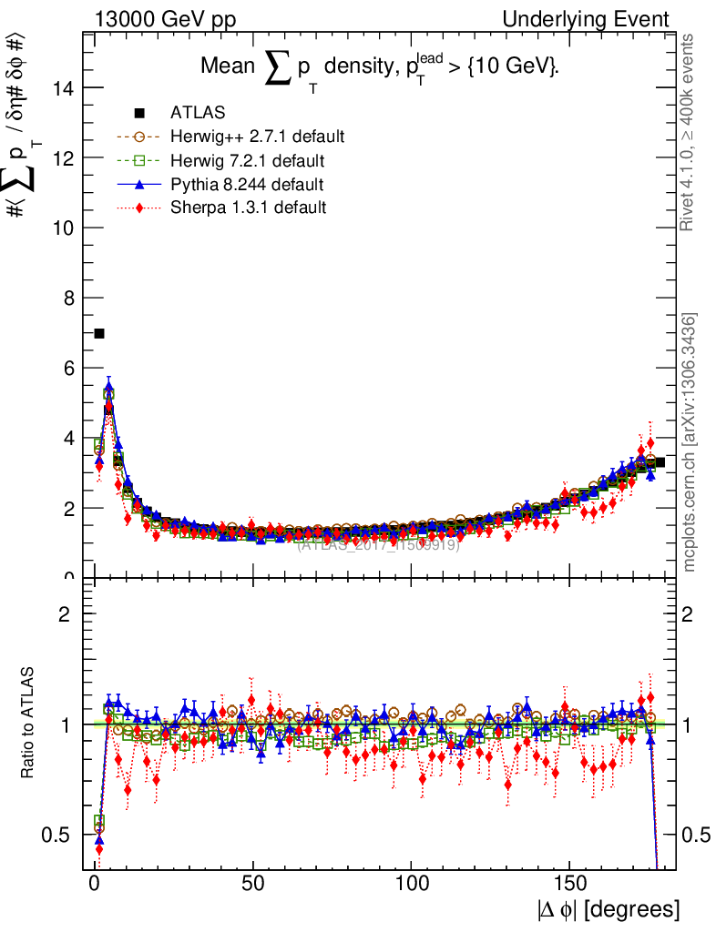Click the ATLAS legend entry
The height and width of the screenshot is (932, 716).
point(197,113)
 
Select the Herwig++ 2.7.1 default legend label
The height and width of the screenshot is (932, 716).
point(257,137)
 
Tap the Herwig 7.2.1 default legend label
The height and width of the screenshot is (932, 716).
point(248,161)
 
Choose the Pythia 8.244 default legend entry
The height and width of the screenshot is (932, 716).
point(247,185)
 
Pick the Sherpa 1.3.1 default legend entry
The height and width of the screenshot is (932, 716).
point(248,208)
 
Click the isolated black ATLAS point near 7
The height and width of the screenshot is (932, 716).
point(99,333)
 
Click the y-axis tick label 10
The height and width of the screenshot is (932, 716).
point(64,228)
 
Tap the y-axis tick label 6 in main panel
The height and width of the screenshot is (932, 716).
point(69,369)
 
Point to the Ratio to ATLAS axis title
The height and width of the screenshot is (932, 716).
point(29,724)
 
